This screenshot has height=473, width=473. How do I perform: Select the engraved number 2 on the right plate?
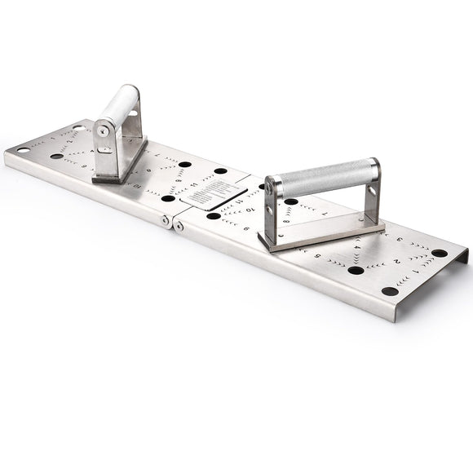click(396, 261)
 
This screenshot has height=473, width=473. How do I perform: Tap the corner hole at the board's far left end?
click(23, 150)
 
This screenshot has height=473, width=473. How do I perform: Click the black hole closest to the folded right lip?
click(440, 253)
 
